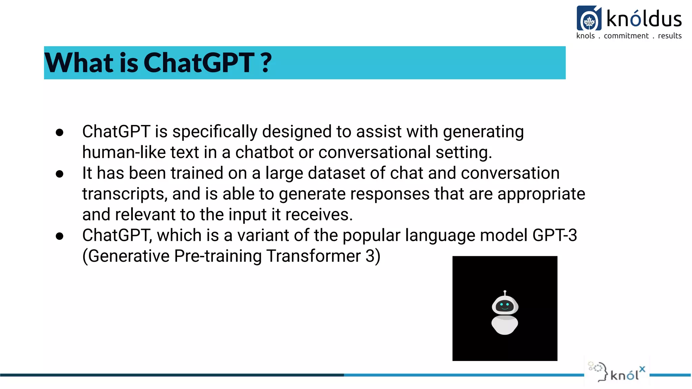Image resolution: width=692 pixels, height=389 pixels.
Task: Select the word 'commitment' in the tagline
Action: click(x=626, y=36)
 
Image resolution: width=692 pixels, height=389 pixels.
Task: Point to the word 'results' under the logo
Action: click(x=670, y=36)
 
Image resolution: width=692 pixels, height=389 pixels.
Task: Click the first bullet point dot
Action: click(x=60, y=132)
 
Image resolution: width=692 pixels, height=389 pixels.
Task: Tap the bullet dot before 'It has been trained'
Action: click(x=60, y=174)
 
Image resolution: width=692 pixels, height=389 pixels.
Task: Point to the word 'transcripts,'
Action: click(x=125, y=194)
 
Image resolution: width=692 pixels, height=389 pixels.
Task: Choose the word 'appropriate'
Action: click(x=541, y=194)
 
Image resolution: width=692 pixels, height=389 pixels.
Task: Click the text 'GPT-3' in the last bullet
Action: click(x=554, y=235)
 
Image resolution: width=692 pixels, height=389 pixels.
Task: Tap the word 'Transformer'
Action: click(x=314, y=256)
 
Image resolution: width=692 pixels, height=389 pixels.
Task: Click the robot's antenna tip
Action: click(x=505, y=291)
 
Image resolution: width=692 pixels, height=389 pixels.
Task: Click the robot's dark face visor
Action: click(x=505, y=306)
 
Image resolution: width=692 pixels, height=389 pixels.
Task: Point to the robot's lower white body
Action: click(x=504, y=325)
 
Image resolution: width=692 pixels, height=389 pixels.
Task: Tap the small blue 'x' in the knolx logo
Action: click(x=642, y=369)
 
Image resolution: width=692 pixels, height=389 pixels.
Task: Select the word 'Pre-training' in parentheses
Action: click(x=218, y=256)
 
